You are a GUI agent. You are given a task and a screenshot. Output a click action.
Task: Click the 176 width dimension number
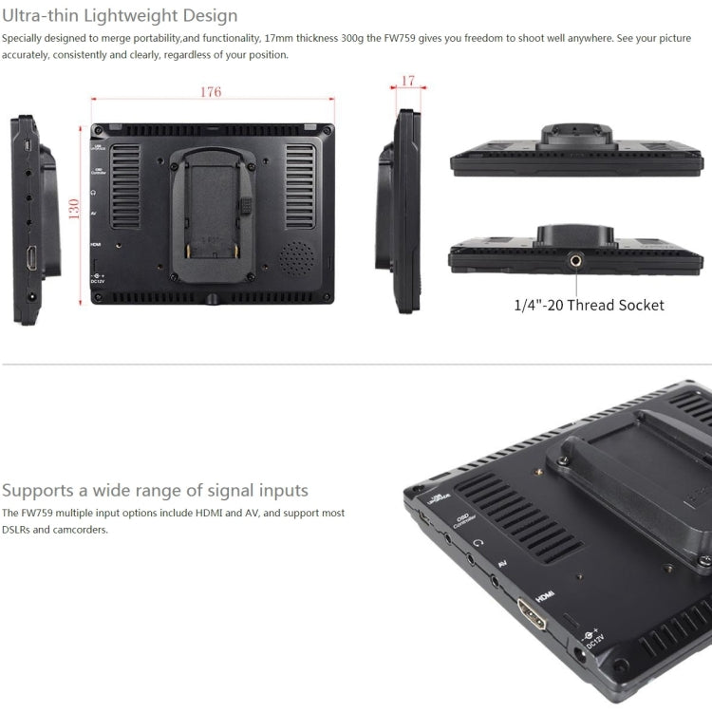pyautogui.click(x=211, y=92)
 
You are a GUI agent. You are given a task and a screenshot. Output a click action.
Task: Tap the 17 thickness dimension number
pyautogui.click(x=408, y=81)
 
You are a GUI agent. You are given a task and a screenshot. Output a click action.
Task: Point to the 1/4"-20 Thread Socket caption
pyautogui.click(x=589, y=305)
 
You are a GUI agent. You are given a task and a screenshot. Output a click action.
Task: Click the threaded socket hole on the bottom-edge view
pyautogui.click(x=576, y=258)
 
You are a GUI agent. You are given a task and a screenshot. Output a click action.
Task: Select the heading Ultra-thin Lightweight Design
pyautogui.click(x=120, y=16)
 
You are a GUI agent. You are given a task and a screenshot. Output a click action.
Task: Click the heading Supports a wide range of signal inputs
pyautogui.click(x=155, y=490)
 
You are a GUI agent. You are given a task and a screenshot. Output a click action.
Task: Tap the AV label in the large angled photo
pyautogui.click(x=502, y=563)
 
